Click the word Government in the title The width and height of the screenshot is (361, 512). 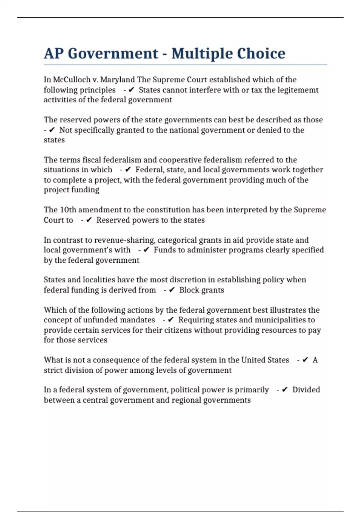point(113,54)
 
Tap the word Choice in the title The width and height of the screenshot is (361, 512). point(261,54)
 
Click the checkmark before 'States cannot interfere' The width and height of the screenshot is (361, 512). point(131,90)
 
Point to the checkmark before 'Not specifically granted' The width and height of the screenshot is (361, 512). point(52,130)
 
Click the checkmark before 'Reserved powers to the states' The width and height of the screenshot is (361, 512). point(89,220)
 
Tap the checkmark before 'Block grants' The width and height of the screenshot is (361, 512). point(172,290)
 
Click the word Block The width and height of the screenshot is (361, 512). point(188,290)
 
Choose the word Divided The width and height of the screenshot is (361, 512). point(306,390)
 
